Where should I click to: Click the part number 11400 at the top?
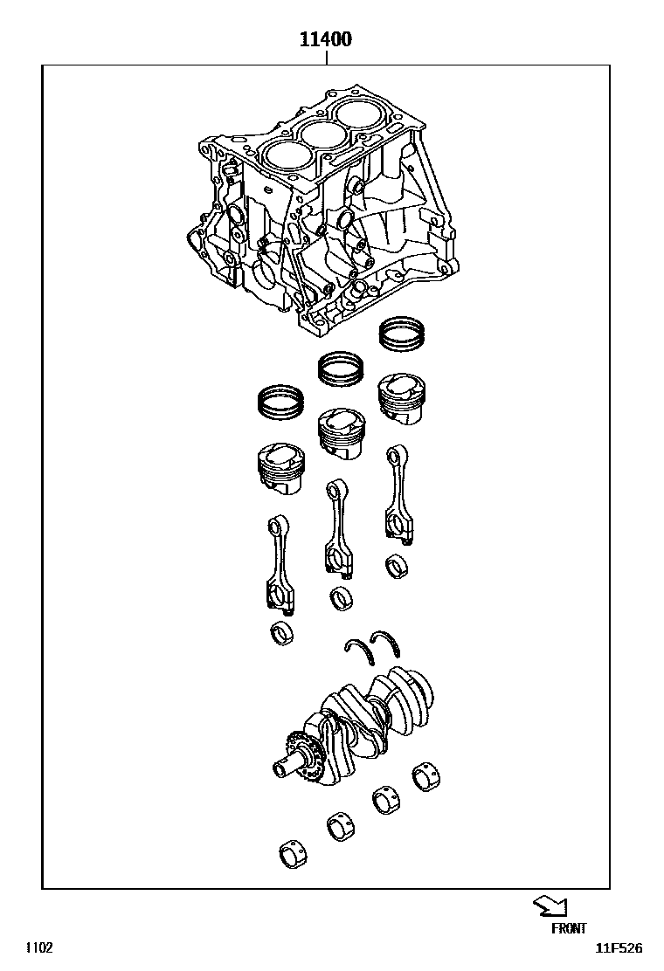coord(326,39)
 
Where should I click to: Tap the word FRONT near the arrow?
coord(569,929)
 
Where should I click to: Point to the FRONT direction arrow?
coord(550,905)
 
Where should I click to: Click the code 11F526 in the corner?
coord(619,948)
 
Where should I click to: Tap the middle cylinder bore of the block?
coord(322,134)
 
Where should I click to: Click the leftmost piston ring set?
coord(281,402)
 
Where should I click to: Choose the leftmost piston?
coord(281,470)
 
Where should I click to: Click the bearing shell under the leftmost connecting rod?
coord(284,634)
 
